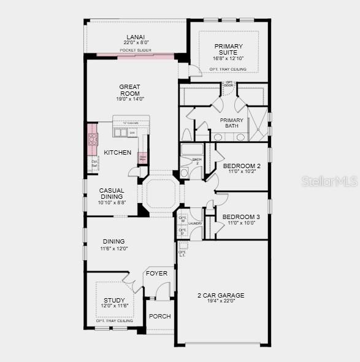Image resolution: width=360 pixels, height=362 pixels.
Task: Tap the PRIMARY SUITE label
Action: coord(228,50)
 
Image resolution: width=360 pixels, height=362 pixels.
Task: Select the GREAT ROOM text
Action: coord(130,90)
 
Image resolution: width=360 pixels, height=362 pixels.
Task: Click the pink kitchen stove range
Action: coord(93,139)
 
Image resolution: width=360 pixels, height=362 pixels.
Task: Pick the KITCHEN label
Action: coord(117,152)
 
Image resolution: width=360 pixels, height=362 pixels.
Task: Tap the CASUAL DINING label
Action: coord(112,193)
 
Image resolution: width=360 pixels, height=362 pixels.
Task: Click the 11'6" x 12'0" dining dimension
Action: coord(113,248)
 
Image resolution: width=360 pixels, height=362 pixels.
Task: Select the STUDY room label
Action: coord(114,300)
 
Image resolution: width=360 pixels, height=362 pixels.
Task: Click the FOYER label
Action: coord(156,273)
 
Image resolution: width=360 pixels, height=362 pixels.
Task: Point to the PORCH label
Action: coord(159,317)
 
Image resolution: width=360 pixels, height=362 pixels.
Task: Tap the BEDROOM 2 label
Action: coord(241,166)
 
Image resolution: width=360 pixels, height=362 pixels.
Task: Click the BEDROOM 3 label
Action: coord(241,217)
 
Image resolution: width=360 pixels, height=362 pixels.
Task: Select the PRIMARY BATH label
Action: coord(231,123)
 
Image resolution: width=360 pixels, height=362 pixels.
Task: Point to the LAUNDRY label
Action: coord(196,223)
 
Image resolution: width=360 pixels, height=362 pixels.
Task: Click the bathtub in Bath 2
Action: coord(192,150)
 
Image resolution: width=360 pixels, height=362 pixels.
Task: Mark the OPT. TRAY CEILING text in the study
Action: coord(114,321)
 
